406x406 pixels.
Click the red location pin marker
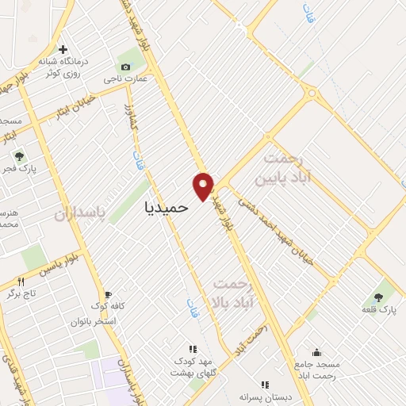click(x=203, y=186)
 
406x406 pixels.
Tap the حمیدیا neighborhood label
click(x=167, y=206)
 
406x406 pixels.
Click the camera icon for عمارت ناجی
click(x=125, y=67)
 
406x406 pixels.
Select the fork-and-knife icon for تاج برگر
click(x=21, y=282)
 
